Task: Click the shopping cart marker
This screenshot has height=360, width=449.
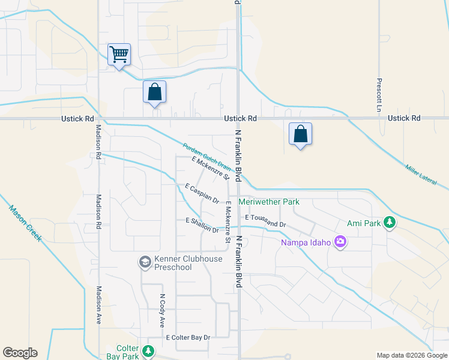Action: click(119, 55)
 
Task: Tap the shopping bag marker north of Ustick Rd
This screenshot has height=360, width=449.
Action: click(154, 92)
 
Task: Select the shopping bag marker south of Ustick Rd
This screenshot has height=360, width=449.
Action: click(300, 134)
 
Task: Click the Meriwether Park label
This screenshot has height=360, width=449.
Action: click(268, 202)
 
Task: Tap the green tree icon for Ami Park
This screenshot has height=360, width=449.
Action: click(390, 223)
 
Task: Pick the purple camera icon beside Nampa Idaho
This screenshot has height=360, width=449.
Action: click(340, 242)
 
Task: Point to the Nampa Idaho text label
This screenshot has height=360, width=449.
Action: click(306, 243)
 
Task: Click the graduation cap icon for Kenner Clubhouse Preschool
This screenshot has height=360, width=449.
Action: click(145, 262)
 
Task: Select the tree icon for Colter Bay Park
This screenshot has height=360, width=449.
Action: click(148, 350)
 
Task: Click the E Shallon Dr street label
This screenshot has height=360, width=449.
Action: click(202, 225)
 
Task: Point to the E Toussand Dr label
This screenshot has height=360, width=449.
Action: click(265, 220)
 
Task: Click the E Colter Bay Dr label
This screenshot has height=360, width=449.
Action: click(188, 338)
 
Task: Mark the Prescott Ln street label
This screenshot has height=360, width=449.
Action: click(379, 95)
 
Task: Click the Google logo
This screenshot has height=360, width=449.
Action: click(20, 353)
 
